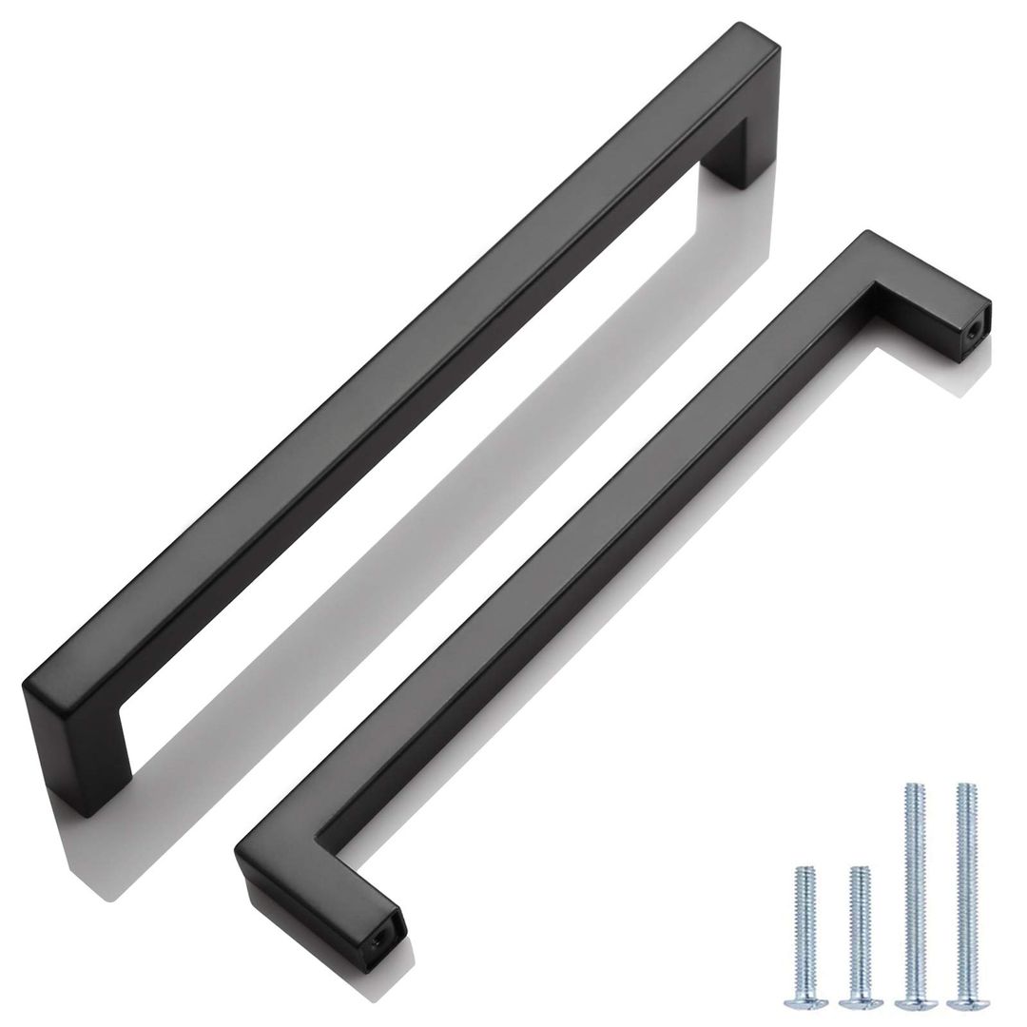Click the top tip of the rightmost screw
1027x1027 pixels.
pos(967,786)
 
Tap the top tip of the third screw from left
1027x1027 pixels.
pos(913,786)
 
